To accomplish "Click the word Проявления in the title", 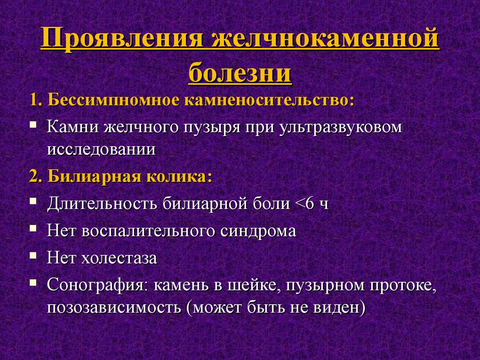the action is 122,38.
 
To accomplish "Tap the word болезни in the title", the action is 240,73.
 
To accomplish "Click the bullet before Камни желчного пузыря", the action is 33,125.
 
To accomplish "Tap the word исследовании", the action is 101,150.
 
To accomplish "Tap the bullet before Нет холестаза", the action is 33,255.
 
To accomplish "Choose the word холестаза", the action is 119,258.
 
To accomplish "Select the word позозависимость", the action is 113,307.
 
